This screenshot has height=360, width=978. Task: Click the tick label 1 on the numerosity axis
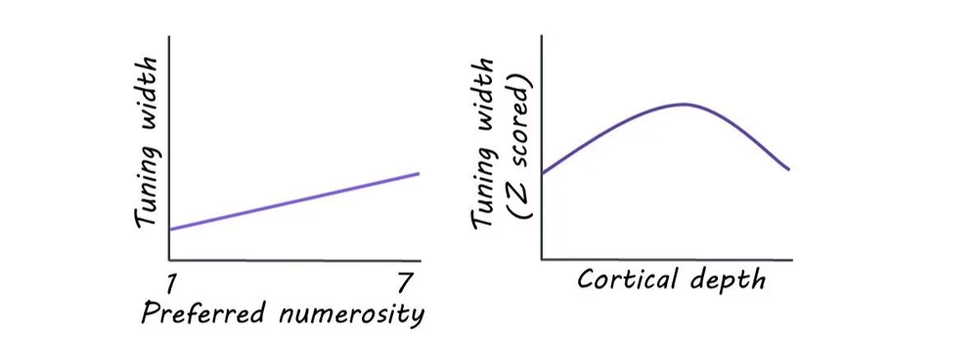170,285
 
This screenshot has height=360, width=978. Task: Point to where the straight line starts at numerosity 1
170,229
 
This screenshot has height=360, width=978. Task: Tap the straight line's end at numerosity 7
419,173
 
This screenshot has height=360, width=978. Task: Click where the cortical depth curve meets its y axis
543,172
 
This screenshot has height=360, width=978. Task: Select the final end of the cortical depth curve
788,169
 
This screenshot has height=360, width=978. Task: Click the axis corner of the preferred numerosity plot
170,260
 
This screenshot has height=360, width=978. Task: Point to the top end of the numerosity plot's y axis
170,37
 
